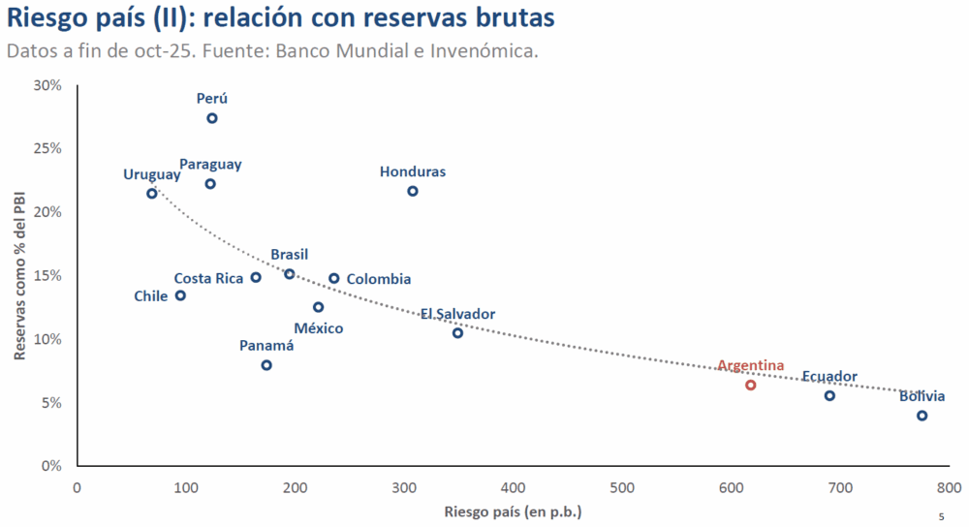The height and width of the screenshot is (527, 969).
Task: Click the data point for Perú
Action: point(212,118)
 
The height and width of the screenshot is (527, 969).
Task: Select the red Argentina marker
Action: point(750,386)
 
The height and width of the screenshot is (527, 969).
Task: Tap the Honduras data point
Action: point(412,191)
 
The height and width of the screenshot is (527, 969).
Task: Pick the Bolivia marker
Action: point(922,416)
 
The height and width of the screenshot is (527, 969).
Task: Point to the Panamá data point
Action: point(266,365)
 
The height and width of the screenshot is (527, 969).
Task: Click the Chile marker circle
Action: point(180,295)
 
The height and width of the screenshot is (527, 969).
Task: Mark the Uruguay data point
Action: point(152,193)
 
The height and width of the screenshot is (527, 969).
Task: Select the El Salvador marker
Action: point(457,333)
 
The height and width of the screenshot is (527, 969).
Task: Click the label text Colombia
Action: point(378,279)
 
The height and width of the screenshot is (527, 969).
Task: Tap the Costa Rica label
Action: point(208,278)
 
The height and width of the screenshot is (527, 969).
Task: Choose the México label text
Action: point(319,328)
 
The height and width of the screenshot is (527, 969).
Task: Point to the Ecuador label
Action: point(829,376)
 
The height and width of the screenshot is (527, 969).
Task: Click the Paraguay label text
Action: point(210,165)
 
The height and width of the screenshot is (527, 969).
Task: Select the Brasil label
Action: point(289,255)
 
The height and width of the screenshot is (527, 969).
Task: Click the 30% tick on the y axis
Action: point(47,85)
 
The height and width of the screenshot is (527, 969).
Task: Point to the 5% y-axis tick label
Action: point(51,403)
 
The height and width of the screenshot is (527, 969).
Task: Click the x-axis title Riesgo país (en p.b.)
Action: point(513,511)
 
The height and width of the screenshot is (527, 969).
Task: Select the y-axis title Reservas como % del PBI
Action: point(19,275)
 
